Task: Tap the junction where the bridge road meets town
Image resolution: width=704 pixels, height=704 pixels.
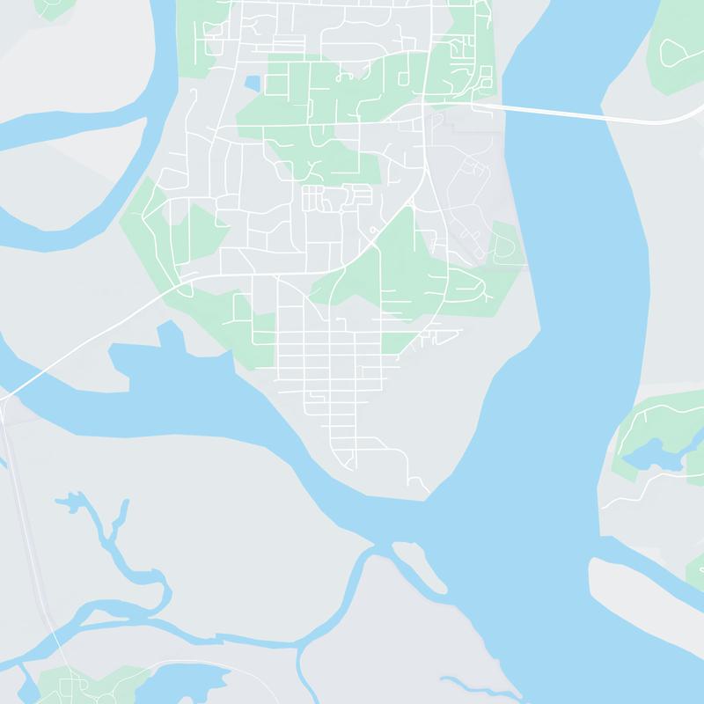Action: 476,106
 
